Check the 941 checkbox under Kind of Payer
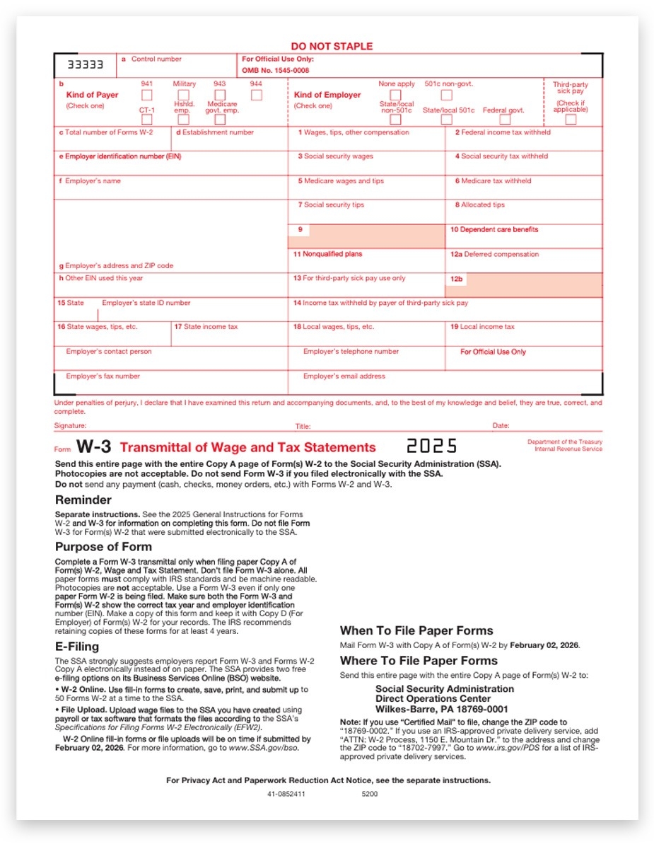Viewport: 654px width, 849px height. tap(147, 95)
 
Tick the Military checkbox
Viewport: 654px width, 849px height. tap(183, 95)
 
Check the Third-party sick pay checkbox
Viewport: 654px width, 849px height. tap(571, 119)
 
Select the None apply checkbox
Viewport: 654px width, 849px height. tap(396, 95)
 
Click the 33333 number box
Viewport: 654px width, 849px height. tap(86, 65)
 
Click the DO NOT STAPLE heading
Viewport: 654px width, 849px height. tap(332, 47)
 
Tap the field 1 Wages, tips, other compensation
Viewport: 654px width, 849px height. tap(366, 138)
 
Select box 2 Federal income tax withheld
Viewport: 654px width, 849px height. tap(524, 138)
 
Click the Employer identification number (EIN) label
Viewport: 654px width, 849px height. tap(120, 156)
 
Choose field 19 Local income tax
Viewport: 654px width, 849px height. tap(524, 333)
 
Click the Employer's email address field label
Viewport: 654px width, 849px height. tap(344, 376)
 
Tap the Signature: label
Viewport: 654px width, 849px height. tap(70, 426)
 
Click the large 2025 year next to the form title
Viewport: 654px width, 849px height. tap(431, 446)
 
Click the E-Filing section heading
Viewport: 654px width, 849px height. tap(77, 646)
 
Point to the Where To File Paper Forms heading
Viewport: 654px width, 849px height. tap(419, 661)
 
